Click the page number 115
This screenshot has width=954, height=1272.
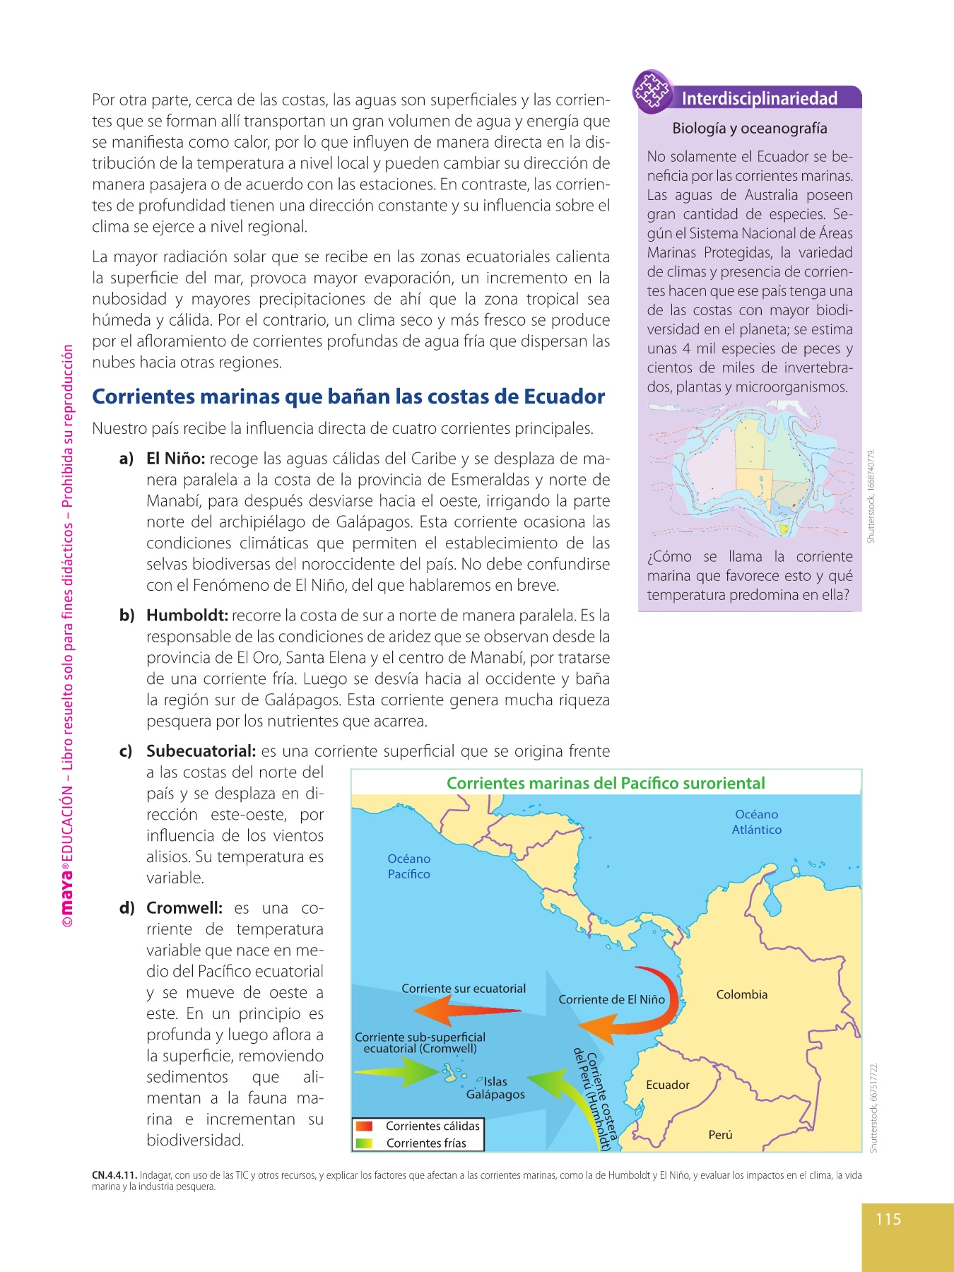[x=888, y=1219]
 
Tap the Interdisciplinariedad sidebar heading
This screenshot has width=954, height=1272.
[x=760, y=98]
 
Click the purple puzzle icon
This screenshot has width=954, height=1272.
[x=652, y=91]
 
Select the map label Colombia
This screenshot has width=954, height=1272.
[x=741, y=994]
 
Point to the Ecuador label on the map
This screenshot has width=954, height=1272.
[x=667, y=1085]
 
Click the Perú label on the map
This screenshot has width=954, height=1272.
[x=720, y=1134]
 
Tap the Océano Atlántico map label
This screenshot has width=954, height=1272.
[x=756, y=822]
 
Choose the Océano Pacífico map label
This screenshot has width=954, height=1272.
[x=408, y=866]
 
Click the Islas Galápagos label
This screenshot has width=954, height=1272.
[x=495, y=1088]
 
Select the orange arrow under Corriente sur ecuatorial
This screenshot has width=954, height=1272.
[x=466, y=1011]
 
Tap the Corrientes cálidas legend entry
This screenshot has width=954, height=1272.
[x=432, y=1126]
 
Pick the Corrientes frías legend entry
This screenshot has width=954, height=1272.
[x=425, y=1143]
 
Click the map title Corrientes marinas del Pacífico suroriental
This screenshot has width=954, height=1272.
[x=606, y=783]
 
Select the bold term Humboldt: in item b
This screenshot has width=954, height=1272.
[x=187, y=616]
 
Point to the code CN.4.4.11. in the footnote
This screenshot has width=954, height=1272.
[x=114, y=1175]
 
